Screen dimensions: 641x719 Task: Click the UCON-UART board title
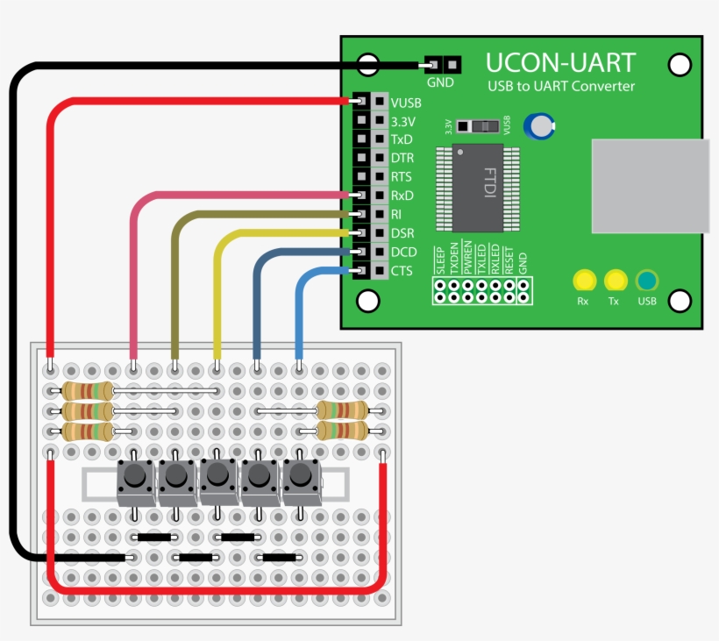click(x=561, y=63)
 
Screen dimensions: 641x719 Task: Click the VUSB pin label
click(x=406, y=103)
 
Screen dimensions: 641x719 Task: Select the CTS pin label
click(x=402, y=271)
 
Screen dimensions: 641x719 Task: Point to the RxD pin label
click(x=402, y=196)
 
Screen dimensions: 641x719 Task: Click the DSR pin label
click(x=402, y=233)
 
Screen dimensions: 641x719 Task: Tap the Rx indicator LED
click(x=583, y=281)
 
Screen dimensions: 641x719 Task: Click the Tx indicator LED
click(x=615, y=281)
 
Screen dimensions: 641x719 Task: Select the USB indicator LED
click(x=647, y=281)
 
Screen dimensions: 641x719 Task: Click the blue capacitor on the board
click(x=539, y=126)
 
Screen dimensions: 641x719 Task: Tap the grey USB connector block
click(x=650, y=186)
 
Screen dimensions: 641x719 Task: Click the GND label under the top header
click(x=440, y=83)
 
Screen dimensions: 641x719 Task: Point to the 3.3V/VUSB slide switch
click(x=478, y=126)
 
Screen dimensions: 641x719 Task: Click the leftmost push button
click(x=134, y=477)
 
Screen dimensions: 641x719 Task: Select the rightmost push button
click(x=301, y=477)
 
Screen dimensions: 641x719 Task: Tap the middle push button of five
click(x=217, y=477)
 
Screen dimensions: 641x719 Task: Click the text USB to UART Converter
click(x=561, y=86)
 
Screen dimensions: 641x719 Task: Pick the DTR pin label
click(x=402, y=158)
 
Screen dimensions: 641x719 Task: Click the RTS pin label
click(x=402, y=177)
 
